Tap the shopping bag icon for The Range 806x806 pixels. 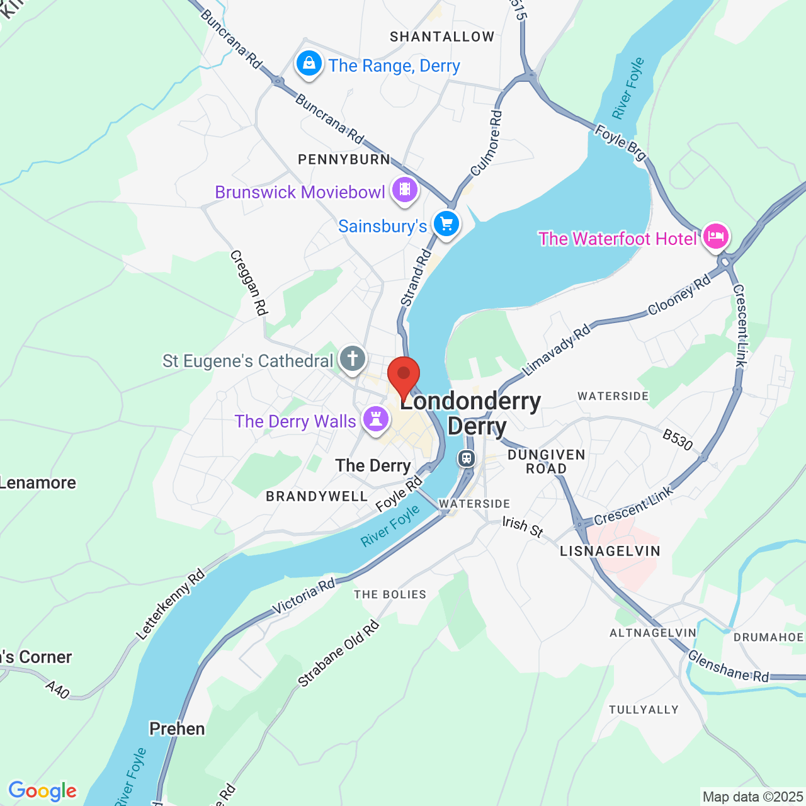309,64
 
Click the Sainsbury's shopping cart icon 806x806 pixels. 446,224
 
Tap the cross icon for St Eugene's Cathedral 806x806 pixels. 353,360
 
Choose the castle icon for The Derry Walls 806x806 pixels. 376,419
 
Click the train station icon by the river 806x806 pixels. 467,458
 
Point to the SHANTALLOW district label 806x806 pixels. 442,37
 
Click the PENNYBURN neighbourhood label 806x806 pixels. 344,160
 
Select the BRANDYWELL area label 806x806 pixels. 317,497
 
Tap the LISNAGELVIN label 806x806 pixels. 610,552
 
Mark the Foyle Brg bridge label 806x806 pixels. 621,142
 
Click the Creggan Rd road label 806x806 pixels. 249,283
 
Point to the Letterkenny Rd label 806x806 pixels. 171,604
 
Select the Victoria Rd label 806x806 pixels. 304,596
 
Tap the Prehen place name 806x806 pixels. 177,729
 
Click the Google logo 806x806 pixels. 43,791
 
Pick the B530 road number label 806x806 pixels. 678,440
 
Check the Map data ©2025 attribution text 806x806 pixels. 752,797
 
